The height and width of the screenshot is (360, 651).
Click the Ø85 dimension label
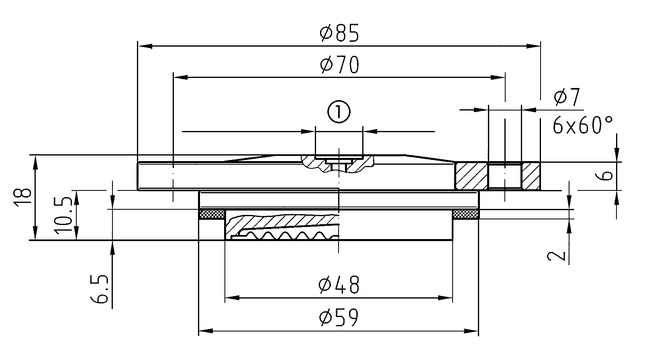pos(339,33)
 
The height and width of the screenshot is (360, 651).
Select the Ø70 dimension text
pos(339,65)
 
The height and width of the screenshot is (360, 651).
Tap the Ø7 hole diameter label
pos(566,97)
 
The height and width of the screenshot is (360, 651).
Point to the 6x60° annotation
pos(582,125)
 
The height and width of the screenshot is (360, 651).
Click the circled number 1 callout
pos(339,112)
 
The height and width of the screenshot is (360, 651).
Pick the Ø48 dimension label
pos(339,285)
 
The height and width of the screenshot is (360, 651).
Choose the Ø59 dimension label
pos(339,318)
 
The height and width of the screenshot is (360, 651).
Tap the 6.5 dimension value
pos(100,289)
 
